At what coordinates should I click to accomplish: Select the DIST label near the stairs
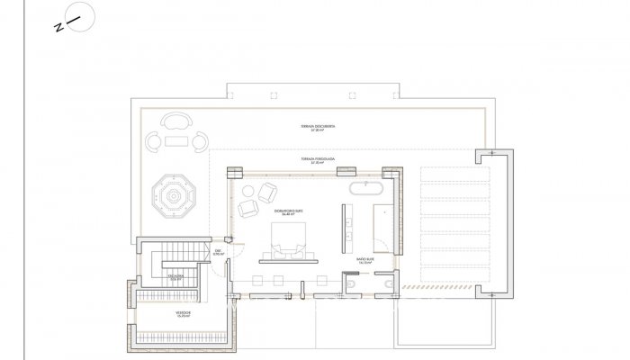pos(217,253)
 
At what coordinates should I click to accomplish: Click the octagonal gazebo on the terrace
pos(171,192)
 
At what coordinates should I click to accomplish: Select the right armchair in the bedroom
pos(268,192)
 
